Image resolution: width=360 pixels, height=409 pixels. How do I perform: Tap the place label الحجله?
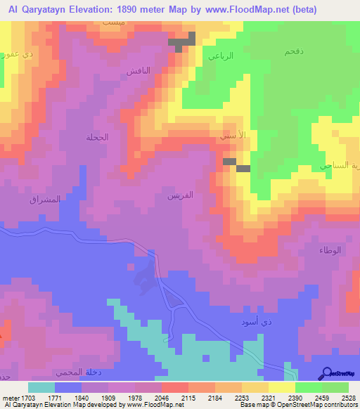pos(97,137)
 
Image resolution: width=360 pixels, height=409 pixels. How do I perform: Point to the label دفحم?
pos(293,52)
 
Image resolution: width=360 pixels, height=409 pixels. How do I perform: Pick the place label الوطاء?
pos(330,250)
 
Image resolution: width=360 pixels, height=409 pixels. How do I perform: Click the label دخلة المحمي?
pos(74,371)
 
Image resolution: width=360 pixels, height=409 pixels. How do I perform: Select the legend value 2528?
pos(349,398)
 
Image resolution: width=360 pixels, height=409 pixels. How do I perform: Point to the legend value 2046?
pos(161,398)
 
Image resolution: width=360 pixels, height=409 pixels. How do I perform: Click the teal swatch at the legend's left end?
pos(41,387)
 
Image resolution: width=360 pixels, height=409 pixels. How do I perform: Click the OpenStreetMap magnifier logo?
pos(328,373)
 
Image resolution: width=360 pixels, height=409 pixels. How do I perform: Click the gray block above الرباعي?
pos(181,44)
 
